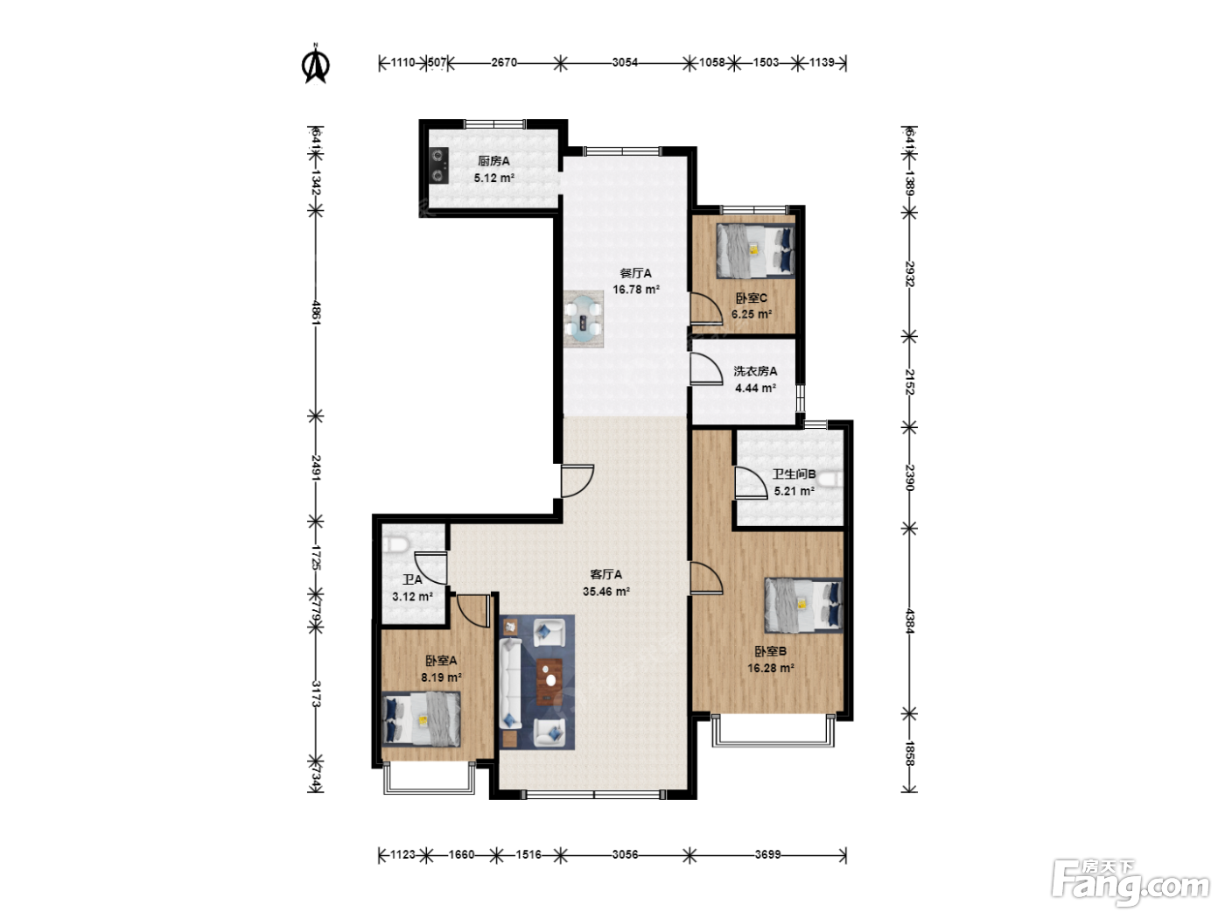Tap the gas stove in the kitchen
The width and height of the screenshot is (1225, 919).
click(x=439, y=165)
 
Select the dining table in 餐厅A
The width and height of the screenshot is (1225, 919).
click(x=584, y=319)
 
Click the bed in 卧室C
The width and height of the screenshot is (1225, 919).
click(x=756, y=250)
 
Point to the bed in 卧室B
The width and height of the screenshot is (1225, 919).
click(x=803, y=606)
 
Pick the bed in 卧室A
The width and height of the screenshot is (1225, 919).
click(x=422, y=719)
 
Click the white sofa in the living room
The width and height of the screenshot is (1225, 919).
click(x=510, y=684)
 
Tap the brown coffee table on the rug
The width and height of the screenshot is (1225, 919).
click(x=549, y=681)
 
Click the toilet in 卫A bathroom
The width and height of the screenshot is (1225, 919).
click(x=396, y=544)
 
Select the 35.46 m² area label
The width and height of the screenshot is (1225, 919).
click(x=606, y=592)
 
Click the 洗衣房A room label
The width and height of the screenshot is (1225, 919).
click(x=755, y=371)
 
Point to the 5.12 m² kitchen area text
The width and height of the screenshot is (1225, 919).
click(x=493, y=178)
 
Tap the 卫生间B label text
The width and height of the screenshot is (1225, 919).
click(x=794, y=474)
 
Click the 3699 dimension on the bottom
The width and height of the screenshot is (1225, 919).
click(x=768, y=854)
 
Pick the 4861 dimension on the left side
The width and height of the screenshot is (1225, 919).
click(x=316, y=312)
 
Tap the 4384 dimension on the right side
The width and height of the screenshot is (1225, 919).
click(x=909, y=621)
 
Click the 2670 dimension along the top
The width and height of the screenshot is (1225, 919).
click(x=504, y=62)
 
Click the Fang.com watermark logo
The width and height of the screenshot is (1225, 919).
click(x=1130, y=884)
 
